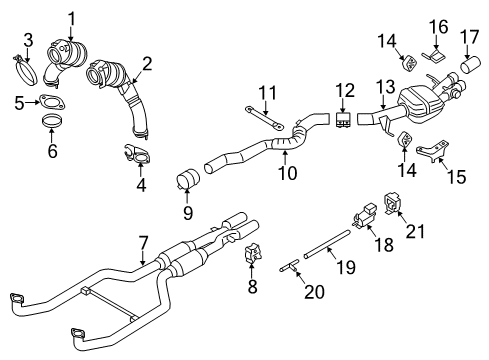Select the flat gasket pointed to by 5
click(x=52, y=101)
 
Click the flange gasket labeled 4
click(x=137, y=154)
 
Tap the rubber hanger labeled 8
click(x=253, y=252)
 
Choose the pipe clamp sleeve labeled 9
click(x=188, y=180)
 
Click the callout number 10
click(x=287, y=173)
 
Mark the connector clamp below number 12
click(x=343, y=120)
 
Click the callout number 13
click(x=386, y=86)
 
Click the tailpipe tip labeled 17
click(x=471, y=65)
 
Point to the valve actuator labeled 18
click(x=364, y=215)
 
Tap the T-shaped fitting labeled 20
click(x=289, y=266)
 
